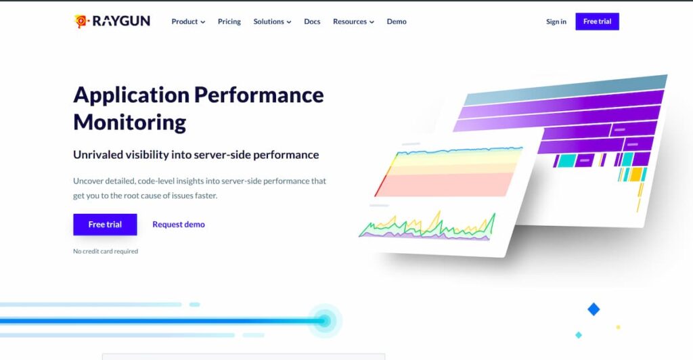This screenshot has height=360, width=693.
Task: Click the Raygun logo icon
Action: [81, 22]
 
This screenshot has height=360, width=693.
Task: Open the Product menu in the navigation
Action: [188, 22]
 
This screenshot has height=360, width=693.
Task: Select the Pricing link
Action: [229, 22]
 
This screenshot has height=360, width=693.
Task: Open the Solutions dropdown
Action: [272, 22]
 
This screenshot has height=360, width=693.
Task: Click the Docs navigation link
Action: [312, 22]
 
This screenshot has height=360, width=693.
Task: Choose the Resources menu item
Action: [353, 22]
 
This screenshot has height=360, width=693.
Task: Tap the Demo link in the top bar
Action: [397, 22]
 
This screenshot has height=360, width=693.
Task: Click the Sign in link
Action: [556, 22]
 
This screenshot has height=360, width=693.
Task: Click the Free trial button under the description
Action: [105, 225]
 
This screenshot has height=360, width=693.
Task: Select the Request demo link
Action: [179, 225]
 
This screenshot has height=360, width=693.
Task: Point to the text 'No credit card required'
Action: [106, 252]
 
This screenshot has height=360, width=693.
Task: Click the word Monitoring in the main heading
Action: [129, 122]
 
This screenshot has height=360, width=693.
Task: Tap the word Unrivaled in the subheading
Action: [98, 155]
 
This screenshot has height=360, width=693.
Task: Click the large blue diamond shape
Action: [594, 309]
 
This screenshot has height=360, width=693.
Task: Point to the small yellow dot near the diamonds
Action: [619, 328]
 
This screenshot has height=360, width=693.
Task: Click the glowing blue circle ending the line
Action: [324, 321]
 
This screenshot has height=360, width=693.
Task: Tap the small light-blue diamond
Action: [579, 335]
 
